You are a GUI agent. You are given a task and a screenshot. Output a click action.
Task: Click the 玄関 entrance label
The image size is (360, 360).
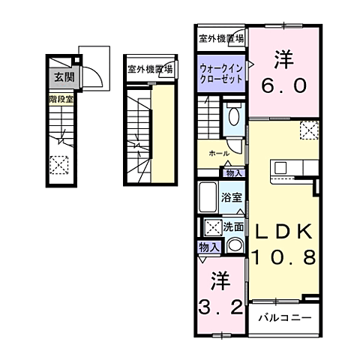58,76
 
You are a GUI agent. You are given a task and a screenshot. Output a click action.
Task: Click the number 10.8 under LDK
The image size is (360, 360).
283,256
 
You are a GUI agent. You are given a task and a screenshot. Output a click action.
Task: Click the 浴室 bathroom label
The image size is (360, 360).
232,198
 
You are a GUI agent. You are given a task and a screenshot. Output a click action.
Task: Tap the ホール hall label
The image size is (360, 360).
219,153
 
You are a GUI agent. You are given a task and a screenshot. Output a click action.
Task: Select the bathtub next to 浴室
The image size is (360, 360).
208,199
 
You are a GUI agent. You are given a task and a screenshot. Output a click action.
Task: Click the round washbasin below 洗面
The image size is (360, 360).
235,244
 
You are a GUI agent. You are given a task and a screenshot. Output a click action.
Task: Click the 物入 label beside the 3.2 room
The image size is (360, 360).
208,247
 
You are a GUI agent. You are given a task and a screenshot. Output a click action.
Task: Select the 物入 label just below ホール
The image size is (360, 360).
234,172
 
